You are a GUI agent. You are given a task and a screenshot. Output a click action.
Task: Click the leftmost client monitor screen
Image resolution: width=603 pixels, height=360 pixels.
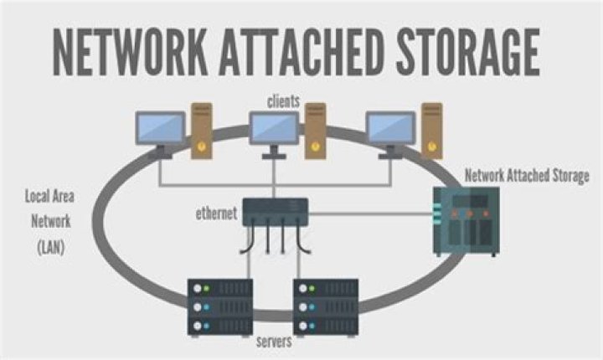point(160,127)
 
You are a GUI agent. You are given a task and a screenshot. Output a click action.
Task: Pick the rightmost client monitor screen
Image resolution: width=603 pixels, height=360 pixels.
point(391,127)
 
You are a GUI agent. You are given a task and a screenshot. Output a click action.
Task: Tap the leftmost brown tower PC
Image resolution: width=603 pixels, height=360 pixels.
point(201,131)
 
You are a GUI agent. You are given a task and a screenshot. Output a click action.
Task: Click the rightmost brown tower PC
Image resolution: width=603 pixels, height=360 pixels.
point(431,131)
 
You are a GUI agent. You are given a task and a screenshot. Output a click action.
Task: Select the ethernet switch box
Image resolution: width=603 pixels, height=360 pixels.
point(275,213)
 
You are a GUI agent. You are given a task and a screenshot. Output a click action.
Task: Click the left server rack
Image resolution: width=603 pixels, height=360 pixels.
point(220,306)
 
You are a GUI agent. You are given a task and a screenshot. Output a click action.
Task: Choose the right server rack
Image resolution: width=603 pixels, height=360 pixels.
point(327,306)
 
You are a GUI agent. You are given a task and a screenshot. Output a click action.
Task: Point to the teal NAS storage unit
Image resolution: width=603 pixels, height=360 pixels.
point(466,220)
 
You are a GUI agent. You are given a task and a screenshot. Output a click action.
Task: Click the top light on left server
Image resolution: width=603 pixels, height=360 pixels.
point(198,290)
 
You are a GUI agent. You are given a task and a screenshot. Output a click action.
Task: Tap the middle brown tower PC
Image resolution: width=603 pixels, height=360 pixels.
point(315,131)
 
